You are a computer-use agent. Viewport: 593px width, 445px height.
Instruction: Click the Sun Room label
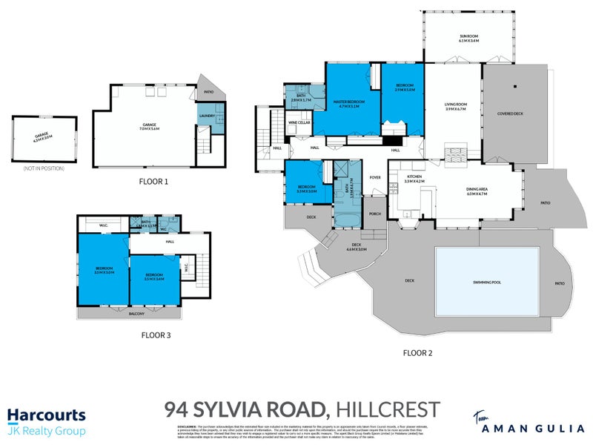click(x=468, y=37)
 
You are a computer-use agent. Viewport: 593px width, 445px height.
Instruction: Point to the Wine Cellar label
click(x=299, y=122)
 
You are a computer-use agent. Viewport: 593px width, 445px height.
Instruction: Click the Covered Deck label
click(x=511, y=114)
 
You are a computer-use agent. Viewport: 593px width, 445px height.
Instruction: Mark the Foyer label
click(x=375, y=177)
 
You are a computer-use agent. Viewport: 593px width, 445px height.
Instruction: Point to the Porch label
click(x=375, y=214)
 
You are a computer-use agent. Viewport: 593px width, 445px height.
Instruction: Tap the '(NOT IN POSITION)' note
click(x=44, y=169)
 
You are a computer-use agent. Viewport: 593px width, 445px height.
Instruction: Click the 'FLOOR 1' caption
click(x=153, y=181)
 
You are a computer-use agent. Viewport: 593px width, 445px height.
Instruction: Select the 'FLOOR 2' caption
click(x=417, y=352)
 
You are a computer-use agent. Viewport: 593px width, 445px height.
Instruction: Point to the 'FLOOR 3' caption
click(x=156, y=335)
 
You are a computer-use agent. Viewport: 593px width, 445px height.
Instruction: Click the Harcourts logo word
click(x=46, y=415)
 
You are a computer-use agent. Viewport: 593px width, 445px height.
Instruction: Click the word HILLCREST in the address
click(x=388, y=409)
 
